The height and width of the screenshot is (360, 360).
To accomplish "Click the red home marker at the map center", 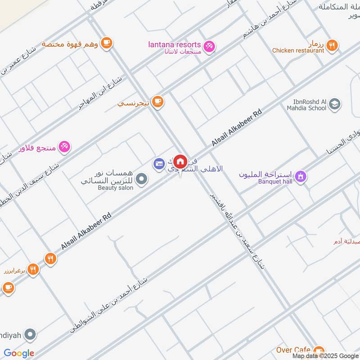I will (180, 161).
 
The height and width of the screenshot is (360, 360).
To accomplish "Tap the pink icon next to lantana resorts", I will (209, 46).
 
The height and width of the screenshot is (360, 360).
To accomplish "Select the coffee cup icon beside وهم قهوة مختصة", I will (107, 43).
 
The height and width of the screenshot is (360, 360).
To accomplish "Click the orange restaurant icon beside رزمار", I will (332, 45).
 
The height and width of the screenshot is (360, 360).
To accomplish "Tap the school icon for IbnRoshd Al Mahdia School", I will (334, 105).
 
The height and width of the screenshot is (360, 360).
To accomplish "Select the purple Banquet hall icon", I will (301, 176).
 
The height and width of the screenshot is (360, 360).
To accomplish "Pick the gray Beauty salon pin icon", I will (142, 180).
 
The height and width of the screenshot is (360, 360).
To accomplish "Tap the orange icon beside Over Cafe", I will (319, 351).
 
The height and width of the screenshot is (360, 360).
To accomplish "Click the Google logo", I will (19, 353).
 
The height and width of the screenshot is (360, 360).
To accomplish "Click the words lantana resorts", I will (175, 44).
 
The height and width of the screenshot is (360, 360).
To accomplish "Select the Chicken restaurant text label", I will (298, 51).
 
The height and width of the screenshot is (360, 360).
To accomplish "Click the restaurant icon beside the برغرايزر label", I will (33, 270).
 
